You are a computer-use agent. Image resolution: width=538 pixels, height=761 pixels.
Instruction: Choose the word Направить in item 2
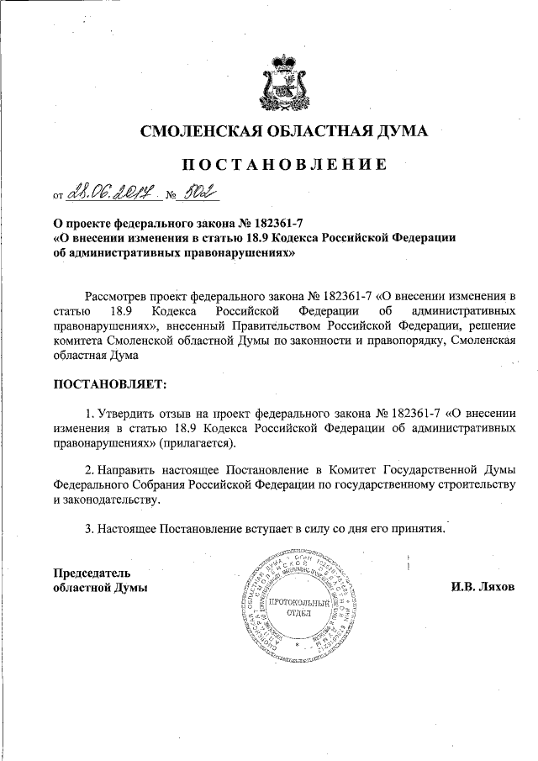(130, 469)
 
